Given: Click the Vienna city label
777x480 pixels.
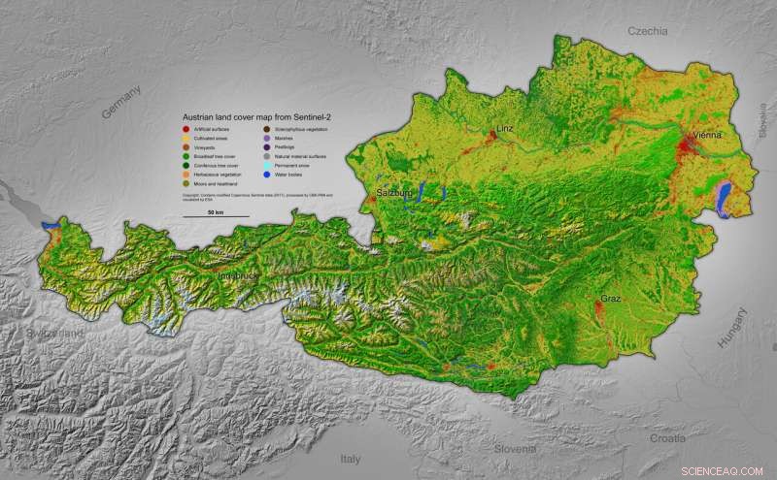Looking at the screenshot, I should pyautogui.click(x=706, y=135).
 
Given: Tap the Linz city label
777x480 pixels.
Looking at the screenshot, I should pyautogui.click(x=504, y=128).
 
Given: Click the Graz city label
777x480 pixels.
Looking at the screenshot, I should pyautogui.click(x=610, y=299).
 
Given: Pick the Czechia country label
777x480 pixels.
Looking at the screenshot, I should pyautogui.click(x=647, y=31).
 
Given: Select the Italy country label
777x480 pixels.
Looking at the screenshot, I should pyautogui.click(x=349, y=457).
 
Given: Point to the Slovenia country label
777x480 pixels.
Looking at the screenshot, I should pyautogui.click(x=513, y=449).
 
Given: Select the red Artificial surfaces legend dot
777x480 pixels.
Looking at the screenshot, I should pyautogui.click(x=186, y=129).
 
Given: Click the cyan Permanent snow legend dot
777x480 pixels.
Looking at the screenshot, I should pyautogui.click(x=268, y=165).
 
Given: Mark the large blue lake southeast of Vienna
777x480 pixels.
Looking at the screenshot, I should pyautogui.click(x=724, y=201).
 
